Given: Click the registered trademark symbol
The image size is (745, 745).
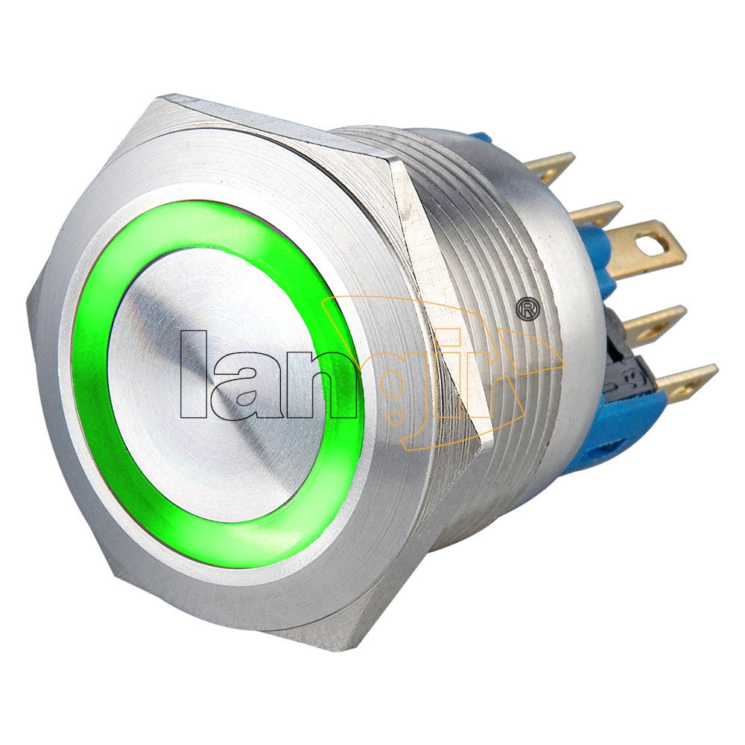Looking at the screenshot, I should [x=527, y=308].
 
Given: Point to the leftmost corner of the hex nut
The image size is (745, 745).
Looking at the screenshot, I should [x=30, y=298].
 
